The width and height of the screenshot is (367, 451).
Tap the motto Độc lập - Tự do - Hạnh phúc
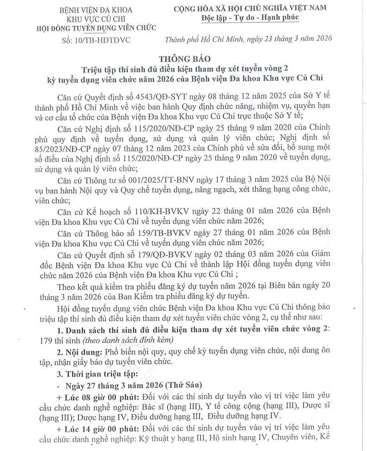click(250, 18)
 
